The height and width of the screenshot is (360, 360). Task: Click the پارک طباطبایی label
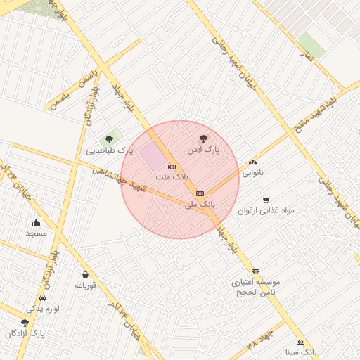pyautogui.click(x=110, y=150)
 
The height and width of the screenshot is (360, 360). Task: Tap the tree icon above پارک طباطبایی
pyautogui.click(x=109, y=139)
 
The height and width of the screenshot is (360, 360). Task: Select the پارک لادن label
pyautogui.click(x=203, y=150)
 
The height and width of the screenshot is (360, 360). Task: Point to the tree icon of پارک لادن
pyautogui.click(x=204, y=139)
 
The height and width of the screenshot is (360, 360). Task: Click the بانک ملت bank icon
pyautogui.click(x=172, y=167)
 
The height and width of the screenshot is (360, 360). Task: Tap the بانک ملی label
pyautogui.click(x=199, y=205)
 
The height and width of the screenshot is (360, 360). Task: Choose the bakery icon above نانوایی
pyautogui.click(x=253, y=162)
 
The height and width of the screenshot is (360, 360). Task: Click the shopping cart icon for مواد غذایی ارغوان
pyautogui.click(x=266, y=200)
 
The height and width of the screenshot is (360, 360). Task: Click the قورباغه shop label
pyautogui.click(x=85, y=285)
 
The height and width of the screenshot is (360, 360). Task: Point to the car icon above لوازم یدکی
pyautogui.click(x=44, y=298)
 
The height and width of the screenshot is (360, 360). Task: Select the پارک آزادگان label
pyautogui.click(x=25, y=333)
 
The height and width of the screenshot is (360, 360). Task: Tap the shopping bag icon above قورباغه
pyautogui.click(x=85, y=274)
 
